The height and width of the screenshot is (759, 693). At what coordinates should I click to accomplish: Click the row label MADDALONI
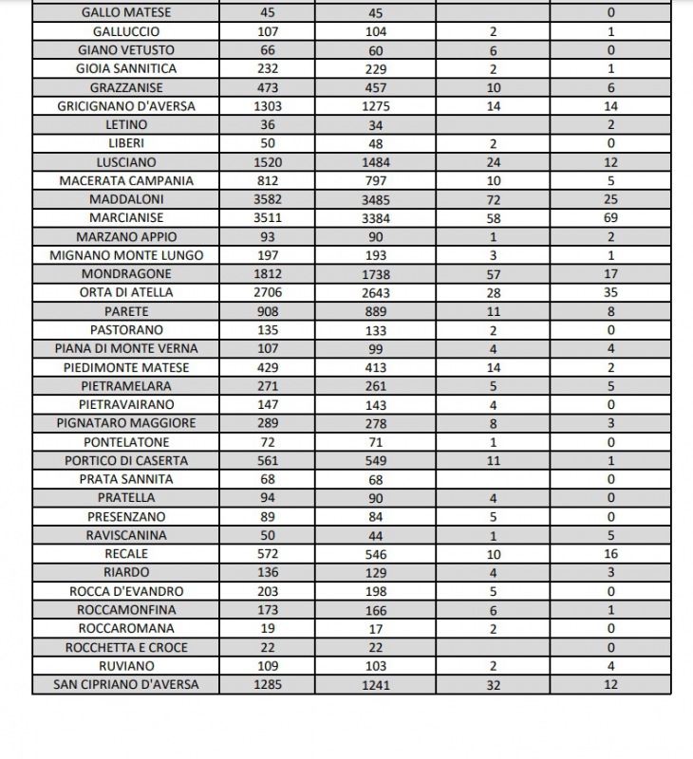(126, 199)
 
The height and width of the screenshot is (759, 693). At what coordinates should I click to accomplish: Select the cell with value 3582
(268, 199)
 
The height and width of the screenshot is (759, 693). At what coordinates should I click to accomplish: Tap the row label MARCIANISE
(126, 218)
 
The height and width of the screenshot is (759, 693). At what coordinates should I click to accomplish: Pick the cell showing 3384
(376, 218)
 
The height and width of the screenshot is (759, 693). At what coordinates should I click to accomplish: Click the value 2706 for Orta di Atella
(268, 292)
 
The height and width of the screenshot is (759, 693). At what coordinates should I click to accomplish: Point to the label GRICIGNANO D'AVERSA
(126, 106)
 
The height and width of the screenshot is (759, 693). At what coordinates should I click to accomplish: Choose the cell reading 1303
(268, 106)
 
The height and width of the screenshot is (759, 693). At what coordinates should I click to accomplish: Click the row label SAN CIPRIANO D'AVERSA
(126, 684)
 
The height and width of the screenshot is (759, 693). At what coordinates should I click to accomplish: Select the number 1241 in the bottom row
(376, 684)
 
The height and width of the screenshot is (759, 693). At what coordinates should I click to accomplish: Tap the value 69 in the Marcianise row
(610, 218)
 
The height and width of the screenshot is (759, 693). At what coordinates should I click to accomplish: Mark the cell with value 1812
(268, 274)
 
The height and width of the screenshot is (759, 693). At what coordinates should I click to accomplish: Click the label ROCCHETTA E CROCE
(126, 647)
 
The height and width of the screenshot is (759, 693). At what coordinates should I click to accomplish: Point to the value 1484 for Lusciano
(376, 162)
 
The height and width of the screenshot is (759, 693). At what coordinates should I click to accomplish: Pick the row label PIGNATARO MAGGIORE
(126, 423)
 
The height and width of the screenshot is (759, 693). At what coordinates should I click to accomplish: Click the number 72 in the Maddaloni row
(493, 199)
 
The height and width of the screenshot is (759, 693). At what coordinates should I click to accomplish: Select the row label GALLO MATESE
(126, 13)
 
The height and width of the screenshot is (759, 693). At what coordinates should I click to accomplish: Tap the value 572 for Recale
(268, 553)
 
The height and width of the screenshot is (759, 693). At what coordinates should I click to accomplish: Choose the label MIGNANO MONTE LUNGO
(126, 255)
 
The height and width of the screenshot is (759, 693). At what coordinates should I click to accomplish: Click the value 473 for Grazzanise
(268, 87)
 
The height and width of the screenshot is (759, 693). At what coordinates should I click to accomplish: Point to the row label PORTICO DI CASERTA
(126, 460)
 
